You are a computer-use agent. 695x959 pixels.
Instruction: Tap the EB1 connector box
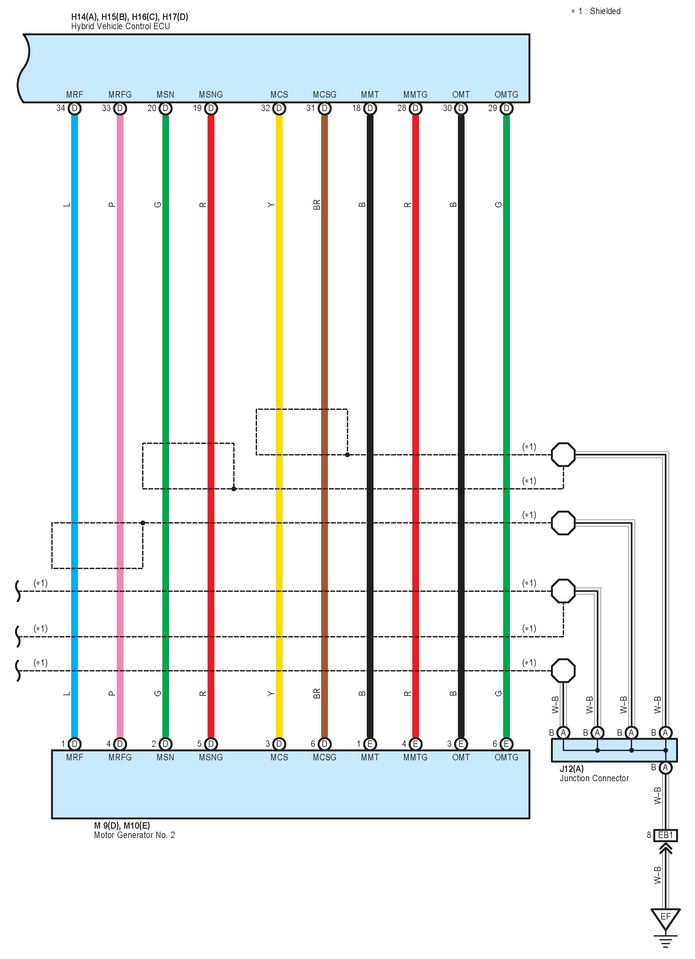coord(665,835)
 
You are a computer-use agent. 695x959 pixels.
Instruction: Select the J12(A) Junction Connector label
coord(594,773)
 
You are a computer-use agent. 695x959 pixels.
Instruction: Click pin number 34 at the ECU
coord(61,108)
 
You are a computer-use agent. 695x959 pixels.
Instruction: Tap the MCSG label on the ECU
coord(324,95)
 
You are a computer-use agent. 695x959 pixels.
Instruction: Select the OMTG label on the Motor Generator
coord(506,757)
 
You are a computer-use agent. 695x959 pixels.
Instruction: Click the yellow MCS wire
coord(279,296)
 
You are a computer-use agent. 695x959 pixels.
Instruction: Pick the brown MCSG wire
coord(325,296)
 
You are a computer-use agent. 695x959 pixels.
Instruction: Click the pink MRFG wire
coord(120,296)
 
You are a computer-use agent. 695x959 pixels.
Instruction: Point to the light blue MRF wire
coord(74,296)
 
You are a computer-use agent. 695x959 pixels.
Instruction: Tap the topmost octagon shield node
coord(563,454)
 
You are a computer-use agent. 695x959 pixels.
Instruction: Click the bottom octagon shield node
coord(563,670)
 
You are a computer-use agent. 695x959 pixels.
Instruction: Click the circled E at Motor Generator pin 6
coord(506,744)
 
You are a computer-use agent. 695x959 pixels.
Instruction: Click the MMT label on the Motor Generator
coord(370,757)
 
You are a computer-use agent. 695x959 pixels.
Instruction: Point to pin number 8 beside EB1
coord(648,835)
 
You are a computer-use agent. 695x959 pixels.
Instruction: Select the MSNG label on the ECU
coord(210,95)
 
